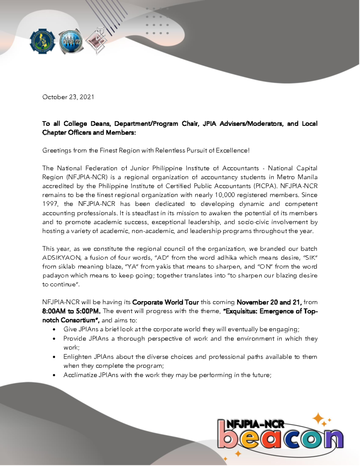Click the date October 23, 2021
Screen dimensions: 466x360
[68, 97]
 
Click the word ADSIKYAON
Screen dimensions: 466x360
[61, 257]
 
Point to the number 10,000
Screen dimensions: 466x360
[225, 195]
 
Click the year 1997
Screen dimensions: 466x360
[50, 204]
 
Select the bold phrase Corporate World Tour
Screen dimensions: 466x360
[165, 302]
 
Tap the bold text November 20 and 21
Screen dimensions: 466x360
[269, 302]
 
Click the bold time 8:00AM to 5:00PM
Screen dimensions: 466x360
[71, 311]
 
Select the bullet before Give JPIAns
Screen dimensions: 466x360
[54, 330]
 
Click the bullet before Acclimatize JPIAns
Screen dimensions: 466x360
[54, 375]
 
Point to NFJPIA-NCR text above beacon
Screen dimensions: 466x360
[255, 424]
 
